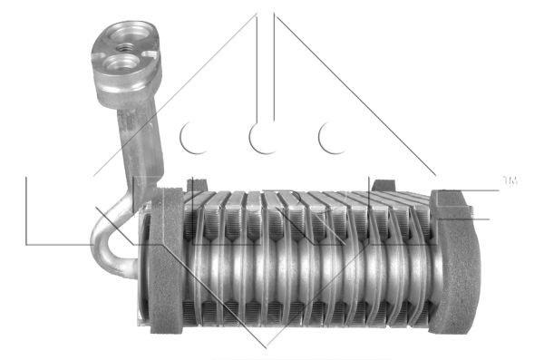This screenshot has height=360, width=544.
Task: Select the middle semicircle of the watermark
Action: [264, 138]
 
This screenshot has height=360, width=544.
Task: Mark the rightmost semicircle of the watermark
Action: [334, 138]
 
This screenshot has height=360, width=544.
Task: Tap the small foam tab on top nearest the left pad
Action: [193, 186]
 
